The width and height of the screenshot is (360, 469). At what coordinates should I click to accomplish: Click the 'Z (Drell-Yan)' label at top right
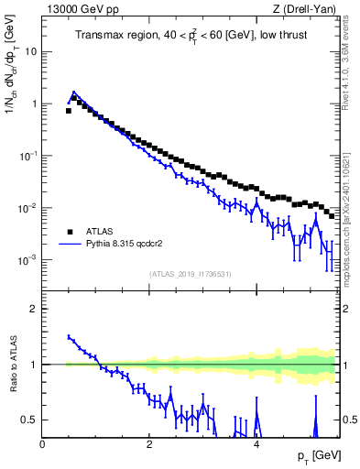coord(304,9)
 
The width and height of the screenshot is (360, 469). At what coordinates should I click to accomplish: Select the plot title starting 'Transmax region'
coord(191,36)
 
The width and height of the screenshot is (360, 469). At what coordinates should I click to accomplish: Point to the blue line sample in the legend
coord(70,245)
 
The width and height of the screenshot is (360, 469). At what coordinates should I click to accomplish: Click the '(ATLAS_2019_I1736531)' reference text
coord(190,274)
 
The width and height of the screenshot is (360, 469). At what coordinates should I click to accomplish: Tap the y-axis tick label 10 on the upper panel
coord(30,51)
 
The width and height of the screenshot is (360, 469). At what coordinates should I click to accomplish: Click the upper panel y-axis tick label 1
coord(33,104)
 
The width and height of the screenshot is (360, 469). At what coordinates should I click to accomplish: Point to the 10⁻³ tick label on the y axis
coord(28,260)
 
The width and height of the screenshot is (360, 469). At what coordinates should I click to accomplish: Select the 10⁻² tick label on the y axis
coord(28,208)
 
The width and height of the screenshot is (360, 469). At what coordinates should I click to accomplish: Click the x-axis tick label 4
coord(256,444)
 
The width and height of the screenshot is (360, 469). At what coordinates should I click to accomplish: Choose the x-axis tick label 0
coord(42,444)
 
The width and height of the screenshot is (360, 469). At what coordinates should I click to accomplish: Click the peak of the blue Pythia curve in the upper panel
coord(73,93)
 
